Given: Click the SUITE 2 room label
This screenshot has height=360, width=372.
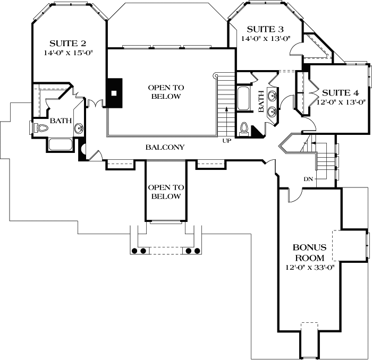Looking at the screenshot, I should (x=68, y=44).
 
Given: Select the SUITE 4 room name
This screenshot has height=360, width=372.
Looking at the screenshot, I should (x=343, y=92).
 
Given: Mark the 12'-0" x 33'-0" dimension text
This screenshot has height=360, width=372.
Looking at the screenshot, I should (x=309, y=268).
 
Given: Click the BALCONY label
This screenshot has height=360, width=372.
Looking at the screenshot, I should (x=165, y=147).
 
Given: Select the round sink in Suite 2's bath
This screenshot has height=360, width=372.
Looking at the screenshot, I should (x=79, y=128).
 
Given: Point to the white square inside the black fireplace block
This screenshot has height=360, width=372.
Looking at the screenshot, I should (x=114, y=92).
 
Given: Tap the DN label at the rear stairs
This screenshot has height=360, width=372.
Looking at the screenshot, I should (x=308, y=179).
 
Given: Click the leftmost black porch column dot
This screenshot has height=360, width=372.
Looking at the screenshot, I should (x=135, y=250).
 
